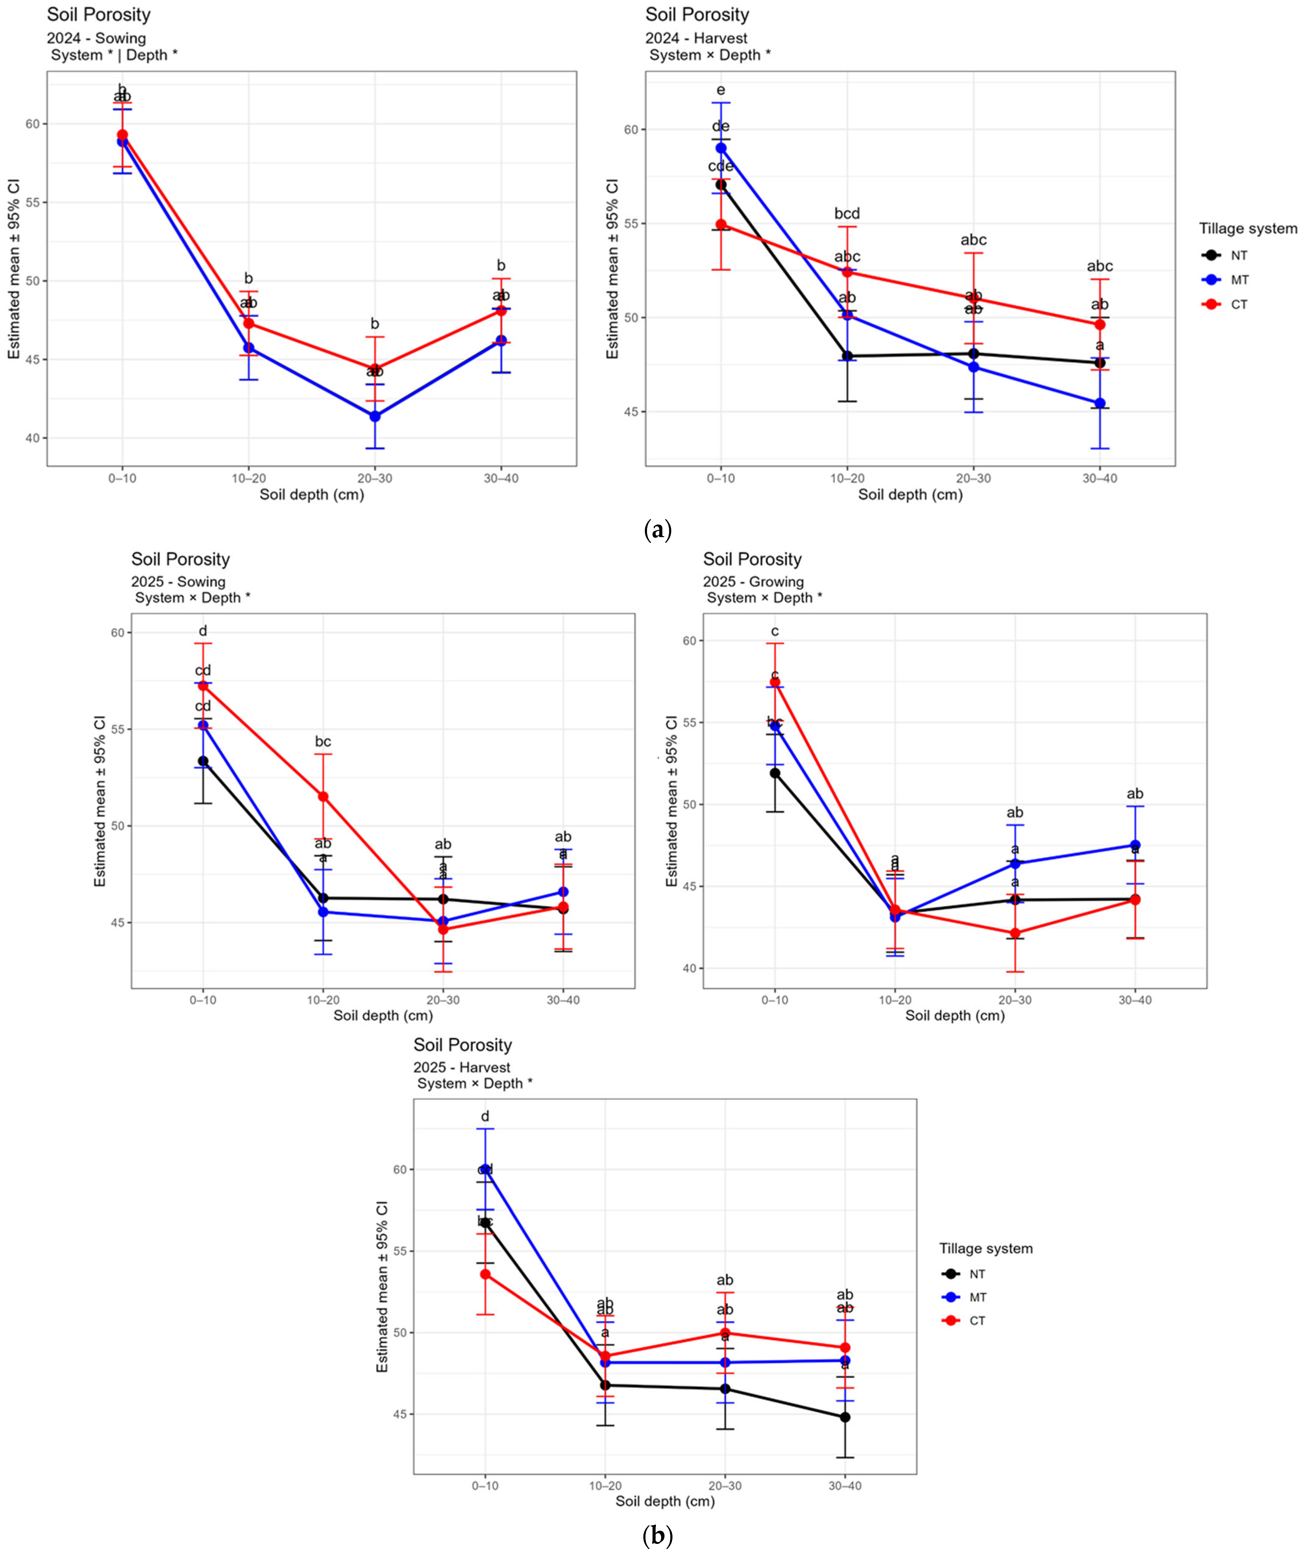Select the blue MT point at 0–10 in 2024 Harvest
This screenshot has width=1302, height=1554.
pyautogui.click(x=721, y=148)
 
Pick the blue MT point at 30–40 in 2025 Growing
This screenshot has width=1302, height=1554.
pyautogui.click(x=1135, y=845)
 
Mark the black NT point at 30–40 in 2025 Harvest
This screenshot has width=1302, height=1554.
pyautogui.click(x=845, y=1417)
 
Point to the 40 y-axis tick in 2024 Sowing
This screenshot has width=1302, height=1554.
pyautogui.click(x=32, y=438)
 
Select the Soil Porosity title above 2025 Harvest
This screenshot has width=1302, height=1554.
pyautogui.click(x=463, y=1045)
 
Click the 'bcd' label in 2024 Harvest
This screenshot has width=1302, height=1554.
pyautogui.click(x=847, y=214)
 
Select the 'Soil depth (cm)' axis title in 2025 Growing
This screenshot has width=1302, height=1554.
pyautogui.click(x=955, y=1015)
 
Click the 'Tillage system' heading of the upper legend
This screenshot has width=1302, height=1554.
pyautogui.click(x=1248, y=229)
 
